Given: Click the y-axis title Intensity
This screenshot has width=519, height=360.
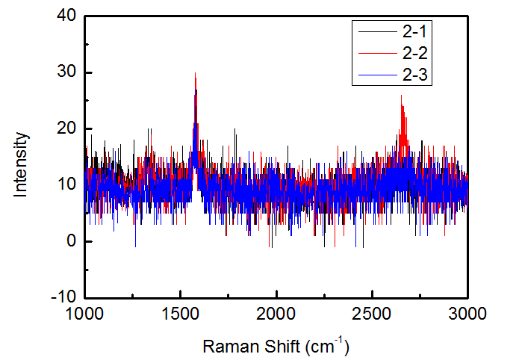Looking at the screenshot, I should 22,164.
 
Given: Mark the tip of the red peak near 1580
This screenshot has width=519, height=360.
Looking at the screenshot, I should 195,73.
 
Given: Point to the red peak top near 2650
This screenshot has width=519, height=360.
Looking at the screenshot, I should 401,96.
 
